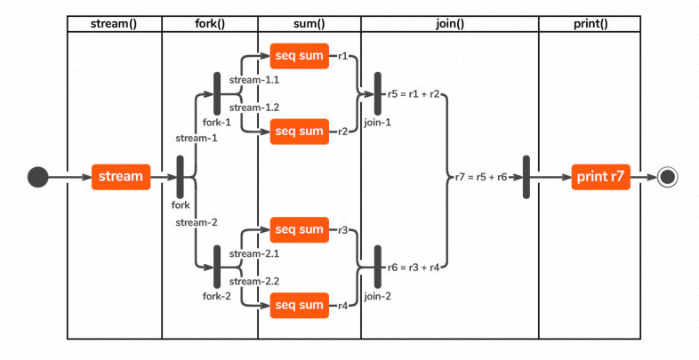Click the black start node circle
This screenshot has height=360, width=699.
[37, 177]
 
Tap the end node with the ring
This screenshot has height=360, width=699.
[668, 177]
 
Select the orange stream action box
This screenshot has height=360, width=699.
[120, 177]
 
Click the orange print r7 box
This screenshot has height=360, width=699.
[602, 177]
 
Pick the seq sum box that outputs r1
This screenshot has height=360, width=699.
[299, 56]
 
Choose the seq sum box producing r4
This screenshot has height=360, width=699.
[299, 306]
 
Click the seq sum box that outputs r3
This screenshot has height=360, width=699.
[299, 230]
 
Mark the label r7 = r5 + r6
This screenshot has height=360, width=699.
[481, 177]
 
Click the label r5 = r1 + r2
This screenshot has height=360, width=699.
[414, 93]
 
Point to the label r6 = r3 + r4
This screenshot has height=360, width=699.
[414, 266]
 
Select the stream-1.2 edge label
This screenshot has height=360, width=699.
[254, 107]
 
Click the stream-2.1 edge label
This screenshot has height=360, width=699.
[254, 255]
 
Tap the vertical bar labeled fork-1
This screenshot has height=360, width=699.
[217, 93]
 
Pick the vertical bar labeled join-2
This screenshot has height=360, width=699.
[377, 266]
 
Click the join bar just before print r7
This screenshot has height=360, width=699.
[526, 177]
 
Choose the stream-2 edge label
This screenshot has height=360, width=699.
[197, 222]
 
